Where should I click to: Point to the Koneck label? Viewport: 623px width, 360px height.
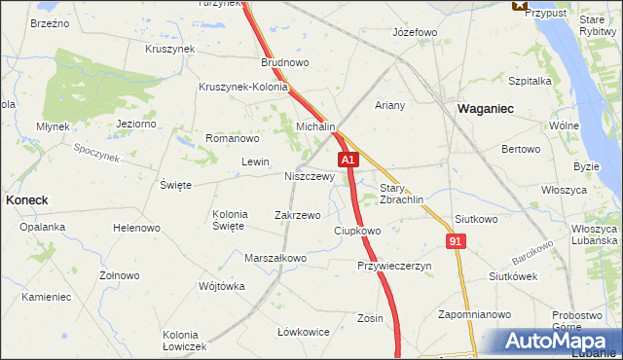(x=27, y=198)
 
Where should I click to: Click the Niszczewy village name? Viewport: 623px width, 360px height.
(x=310, y=177)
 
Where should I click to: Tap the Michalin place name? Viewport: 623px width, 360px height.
(x=316, y=127)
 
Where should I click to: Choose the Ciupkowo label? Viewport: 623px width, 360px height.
(x=357, y=231)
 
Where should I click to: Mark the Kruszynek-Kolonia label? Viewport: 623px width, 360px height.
(x=242, y=87)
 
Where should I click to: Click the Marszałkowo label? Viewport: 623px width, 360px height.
(x=275, y=258)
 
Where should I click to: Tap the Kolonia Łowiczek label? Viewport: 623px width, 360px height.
(x=185, y=341)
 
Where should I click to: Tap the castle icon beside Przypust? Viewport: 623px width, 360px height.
(x=518, y=5)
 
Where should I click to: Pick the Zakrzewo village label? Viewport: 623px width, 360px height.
(x=298, y=215)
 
